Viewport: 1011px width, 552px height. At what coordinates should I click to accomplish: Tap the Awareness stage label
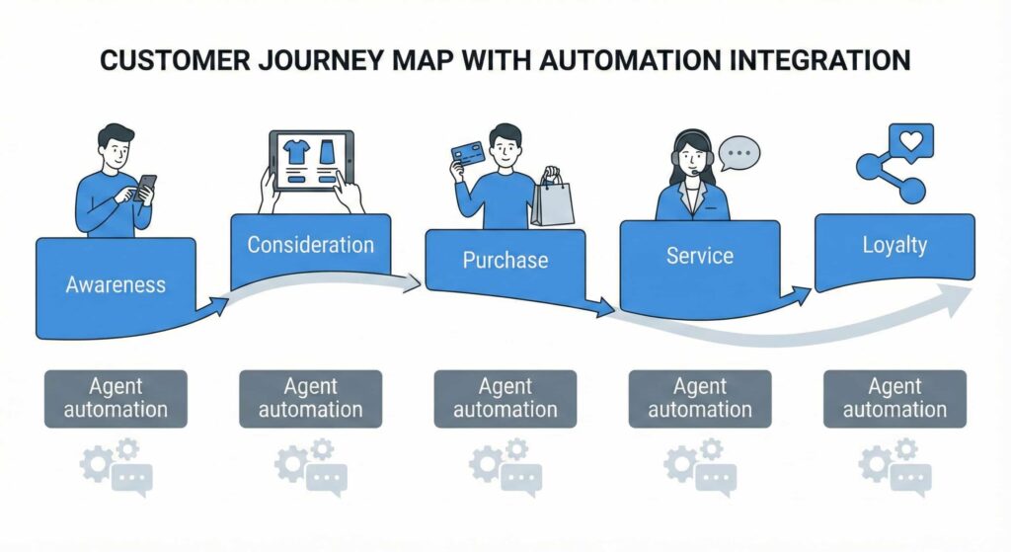pyautogui.click(x=116, y=284)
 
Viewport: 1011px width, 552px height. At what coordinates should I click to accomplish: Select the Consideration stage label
pyautogui.click(x=310, y=244)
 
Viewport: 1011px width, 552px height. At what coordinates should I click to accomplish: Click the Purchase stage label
pyautogui.click(x=505, y=260)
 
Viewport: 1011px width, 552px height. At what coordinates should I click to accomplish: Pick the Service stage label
pyautogui.click(x=699, y=256)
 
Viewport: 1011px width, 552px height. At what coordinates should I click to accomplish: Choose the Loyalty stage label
pyautogui.click(x=894, y=244)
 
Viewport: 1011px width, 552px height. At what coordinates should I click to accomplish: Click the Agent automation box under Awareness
pyautogui.click(x=116, y=398)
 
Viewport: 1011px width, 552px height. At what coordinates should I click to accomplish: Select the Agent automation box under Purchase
pyautogui.click(x=505, y=398)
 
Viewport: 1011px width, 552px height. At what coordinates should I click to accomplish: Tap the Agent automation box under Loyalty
pyautogui.click(x=894, y=398)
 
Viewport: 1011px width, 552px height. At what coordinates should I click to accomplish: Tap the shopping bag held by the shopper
pyautogui.click(x=552, y=197)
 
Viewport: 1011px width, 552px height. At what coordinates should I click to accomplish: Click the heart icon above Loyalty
pyautogui.click(x=909, y=141)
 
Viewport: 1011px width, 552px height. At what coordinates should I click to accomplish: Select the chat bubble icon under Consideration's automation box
pyautogui.click(x=326, y=479)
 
